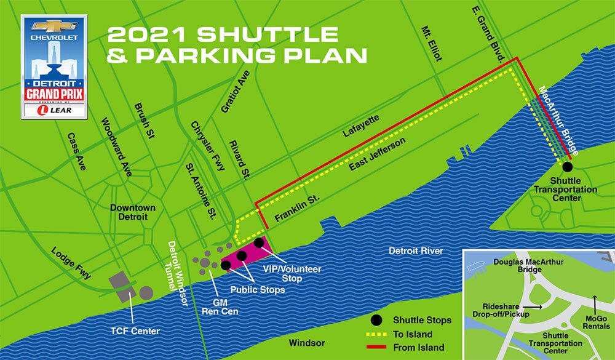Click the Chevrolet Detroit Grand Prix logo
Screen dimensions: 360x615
pos(54,66)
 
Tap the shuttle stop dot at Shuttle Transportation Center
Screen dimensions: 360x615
pos(567,166)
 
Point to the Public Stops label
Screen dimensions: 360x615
pos(258,289)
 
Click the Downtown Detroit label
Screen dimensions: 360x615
pos(132,212)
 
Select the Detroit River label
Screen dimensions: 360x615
pos(416,251)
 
